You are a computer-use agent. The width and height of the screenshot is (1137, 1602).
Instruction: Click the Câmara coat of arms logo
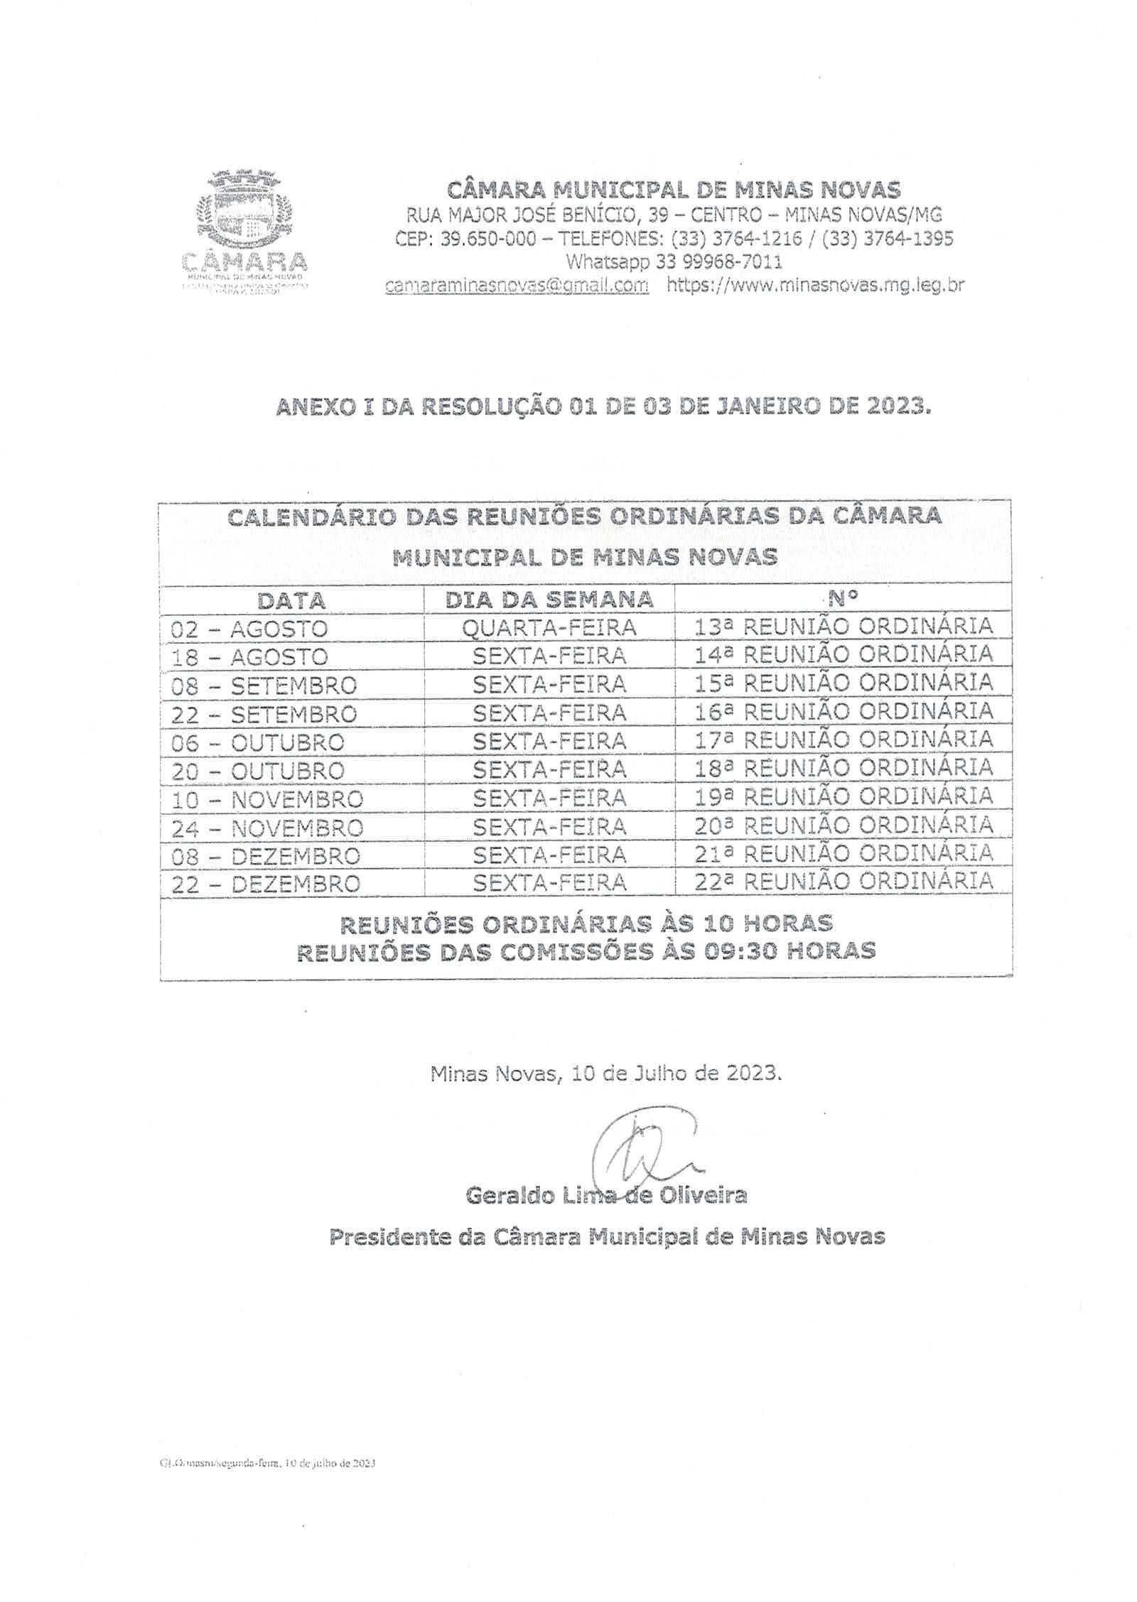pyautogui.click(x=245, y=213)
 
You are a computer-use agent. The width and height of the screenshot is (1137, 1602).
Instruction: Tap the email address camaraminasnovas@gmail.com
pyautogui.click(x=517, y=285)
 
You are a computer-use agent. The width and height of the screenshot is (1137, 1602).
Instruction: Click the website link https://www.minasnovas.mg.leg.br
pyautogui.click(x=814, y=285)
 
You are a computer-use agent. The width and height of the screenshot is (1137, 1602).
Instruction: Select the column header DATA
pyautogui.click(x=291, y=600)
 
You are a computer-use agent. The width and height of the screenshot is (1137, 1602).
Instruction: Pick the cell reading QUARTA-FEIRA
pyautogui.click(x=549, y=627)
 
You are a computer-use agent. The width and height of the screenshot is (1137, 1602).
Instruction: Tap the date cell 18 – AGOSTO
pyautogui.click(x=249, y=657)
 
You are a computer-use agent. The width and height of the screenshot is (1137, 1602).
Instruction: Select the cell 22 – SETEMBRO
pyautogui.click(x=263, y=714)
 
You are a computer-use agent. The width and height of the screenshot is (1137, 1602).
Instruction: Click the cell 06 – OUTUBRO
pyautogui.click(x=257, y=742)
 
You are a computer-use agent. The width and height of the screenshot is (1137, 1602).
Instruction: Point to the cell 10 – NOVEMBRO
pyautogui.click(x=266, y=799)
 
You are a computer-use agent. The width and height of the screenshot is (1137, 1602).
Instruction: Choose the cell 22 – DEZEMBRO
pyautogui.click(x=265, y=884)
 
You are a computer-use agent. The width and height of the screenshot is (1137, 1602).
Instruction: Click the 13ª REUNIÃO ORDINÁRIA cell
pyautogui.click(x=844, y=626)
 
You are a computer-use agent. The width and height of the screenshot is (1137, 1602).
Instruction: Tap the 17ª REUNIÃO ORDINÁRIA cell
pyautogui.click(x=844, y=740)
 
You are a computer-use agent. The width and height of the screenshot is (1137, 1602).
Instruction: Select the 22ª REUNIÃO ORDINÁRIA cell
pyautogui.click(x=844, y=881)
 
